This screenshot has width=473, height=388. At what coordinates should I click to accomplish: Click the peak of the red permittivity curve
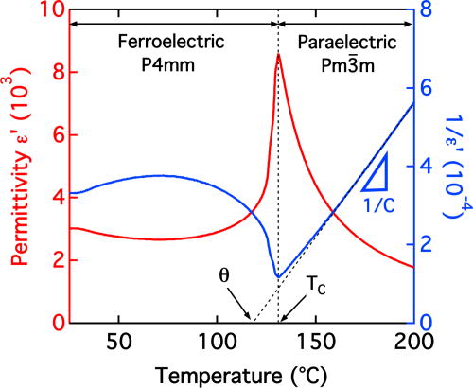pyautogui.click(x=278, y=55)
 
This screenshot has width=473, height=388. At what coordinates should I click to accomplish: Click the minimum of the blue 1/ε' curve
pyautogui.click(x=277, y=276)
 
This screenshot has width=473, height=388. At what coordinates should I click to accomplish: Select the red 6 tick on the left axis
pyautogui.click(x=57, y=135)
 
